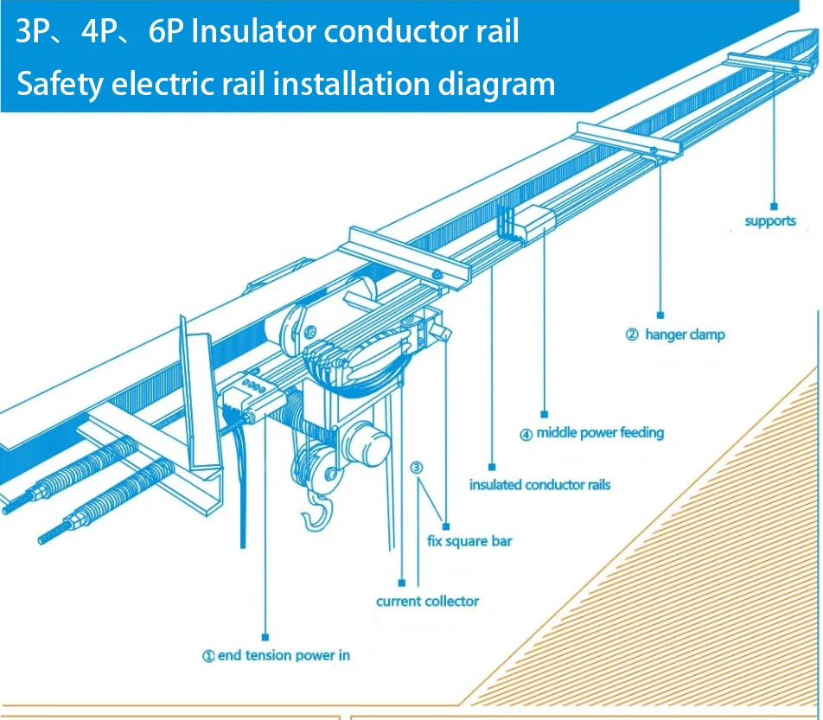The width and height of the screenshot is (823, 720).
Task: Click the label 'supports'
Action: click(x=770, y=221)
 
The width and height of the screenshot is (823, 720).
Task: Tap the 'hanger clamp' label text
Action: click(x=685, y=335)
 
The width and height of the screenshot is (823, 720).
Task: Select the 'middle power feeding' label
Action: click(x=600, y=432)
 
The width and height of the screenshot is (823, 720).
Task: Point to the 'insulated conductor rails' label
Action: click(x=539, y=485)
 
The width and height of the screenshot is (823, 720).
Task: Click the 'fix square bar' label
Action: click(x=469, y=541)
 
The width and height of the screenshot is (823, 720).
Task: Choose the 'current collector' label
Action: click(x=427, y=601)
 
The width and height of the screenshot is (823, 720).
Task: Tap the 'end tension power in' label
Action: click(x=284, y=655)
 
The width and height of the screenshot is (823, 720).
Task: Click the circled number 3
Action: click(x=416, y=468)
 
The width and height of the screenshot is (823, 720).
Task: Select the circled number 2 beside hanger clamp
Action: click(x=631, y=335)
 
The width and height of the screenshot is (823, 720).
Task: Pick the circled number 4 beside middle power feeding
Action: click(x=526, y=434)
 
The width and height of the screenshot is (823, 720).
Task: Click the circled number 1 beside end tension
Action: click(x=208, y=656)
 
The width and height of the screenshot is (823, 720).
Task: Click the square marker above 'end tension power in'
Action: click(x=265, y=635)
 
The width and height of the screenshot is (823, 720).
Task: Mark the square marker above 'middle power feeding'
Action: click(x=545, y=413)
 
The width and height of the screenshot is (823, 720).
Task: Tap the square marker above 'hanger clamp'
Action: click(x=660, y=315)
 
